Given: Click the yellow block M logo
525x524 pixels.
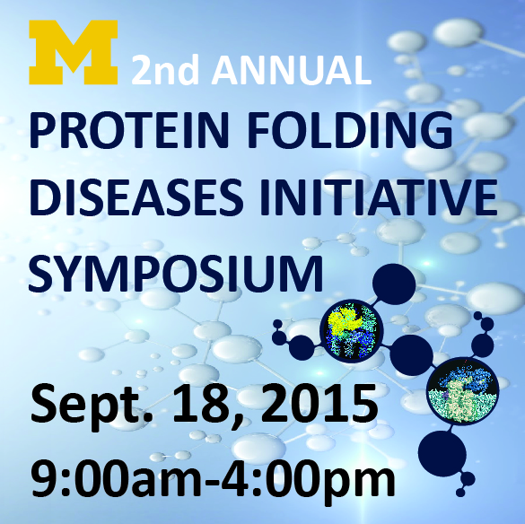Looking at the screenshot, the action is point(74,52).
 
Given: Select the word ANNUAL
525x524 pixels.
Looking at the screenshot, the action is point(292,70).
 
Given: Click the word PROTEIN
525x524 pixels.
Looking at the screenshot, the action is point(128,130).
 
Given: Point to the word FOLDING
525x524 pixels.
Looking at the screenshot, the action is point(350,130).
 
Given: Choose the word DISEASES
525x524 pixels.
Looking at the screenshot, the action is point(136,196).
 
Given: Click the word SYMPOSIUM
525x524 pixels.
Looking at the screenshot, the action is point(176,274).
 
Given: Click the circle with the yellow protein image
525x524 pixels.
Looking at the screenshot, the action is point(351,331).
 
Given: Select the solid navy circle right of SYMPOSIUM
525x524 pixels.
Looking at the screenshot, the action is point(394,284).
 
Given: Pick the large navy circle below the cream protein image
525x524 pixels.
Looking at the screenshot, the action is point(442,454).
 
